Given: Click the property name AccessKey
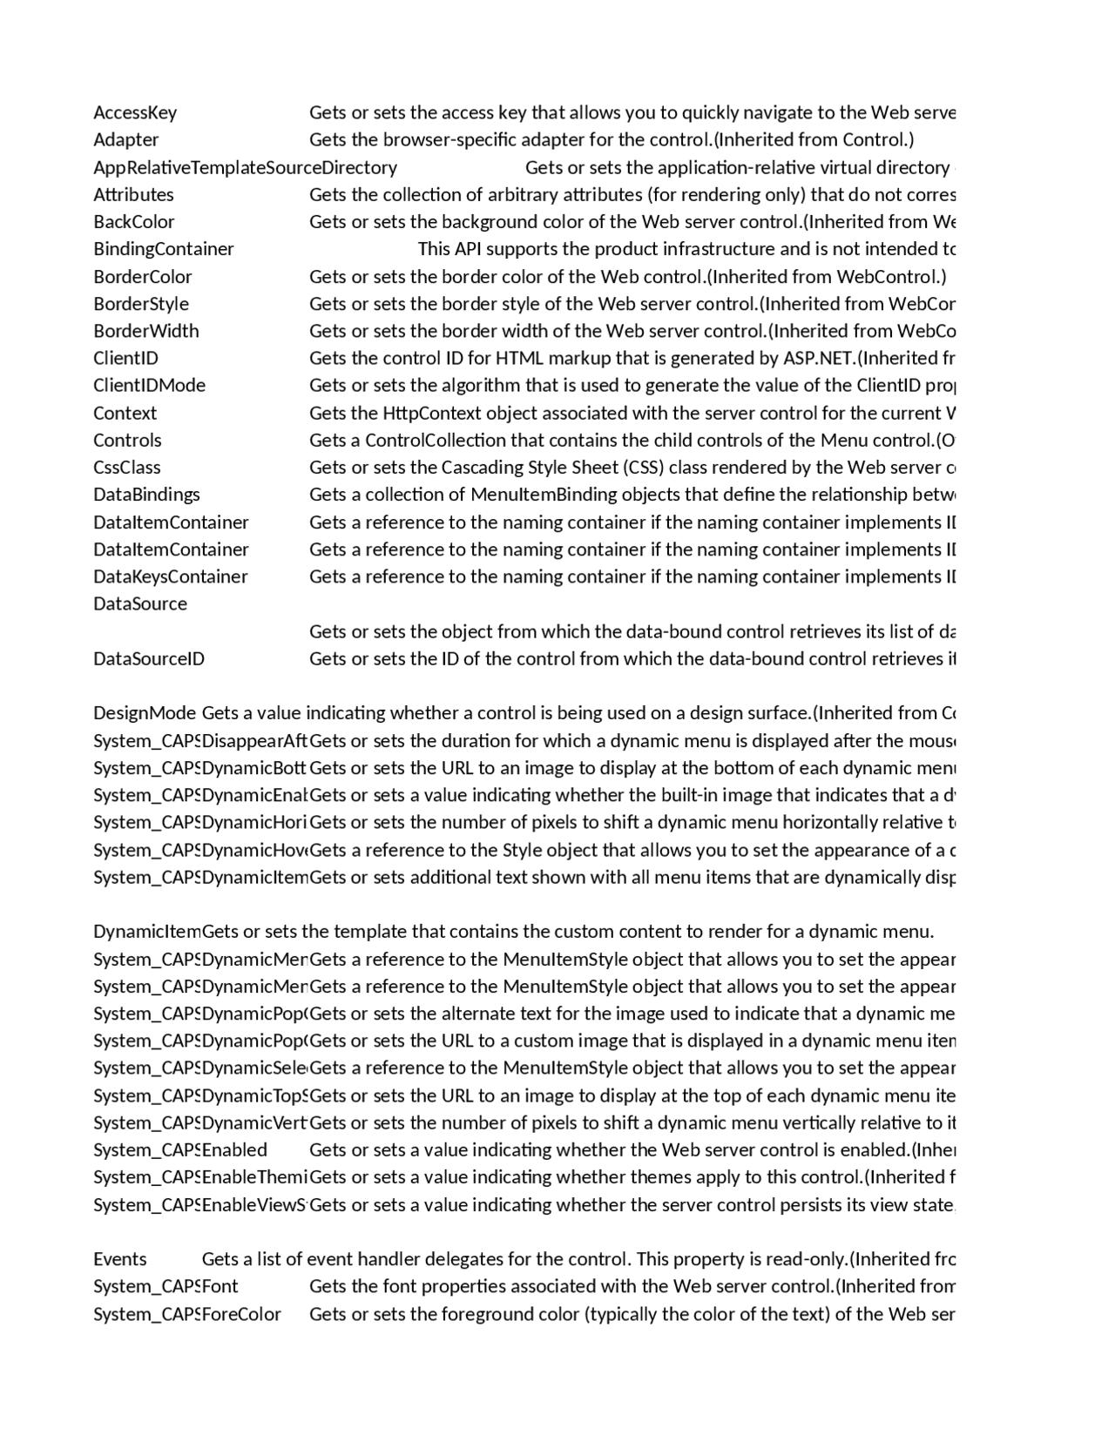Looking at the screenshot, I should (x=135, y=112).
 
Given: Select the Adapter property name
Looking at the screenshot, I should (x=125, y=139).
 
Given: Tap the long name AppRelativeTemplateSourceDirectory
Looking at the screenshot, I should (x=245, y=167).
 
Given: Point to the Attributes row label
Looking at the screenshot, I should (x=133, y=194).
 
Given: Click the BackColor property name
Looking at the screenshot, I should (x=133, y=221).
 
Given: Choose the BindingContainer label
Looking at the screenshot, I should (x=163, y=249).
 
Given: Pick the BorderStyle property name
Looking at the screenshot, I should (x=140, y=304).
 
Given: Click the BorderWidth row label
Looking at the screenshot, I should (x=145, y=331).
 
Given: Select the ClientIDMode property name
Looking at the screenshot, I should (x=149, y=385).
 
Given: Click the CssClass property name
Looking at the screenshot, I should (x=126, y=467).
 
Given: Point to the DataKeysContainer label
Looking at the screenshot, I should (x=170, y=576).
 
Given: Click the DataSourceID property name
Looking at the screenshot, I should (x=148, y=658).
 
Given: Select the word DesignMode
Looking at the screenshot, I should (x=145, y=713).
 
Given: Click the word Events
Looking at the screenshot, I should (x=119, y=1259).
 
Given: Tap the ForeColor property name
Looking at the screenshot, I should (x=241, y=1314).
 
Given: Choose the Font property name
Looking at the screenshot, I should (x=220, y=1286).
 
